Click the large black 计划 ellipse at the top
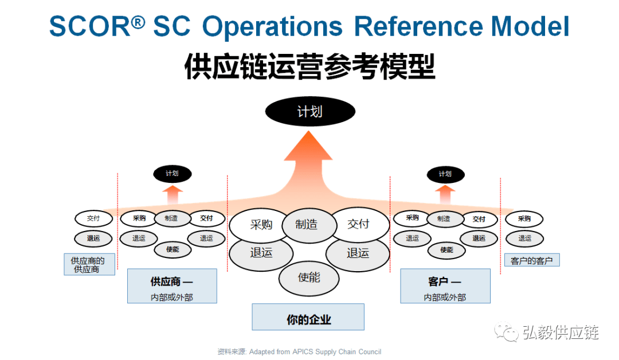pyautogui.click(x=310, y=111)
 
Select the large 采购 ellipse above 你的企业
pyautogui.click(x=260, y=225)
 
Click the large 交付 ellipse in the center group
pyautogui.click(x=358, y=224)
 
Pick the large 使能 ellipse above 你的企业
pyautogui.click(x=308, y=278)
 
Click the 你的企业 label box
pyautogui.click(x=308, y=317)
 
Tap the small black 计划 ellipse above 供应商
pyautogui.click(x=172, y=173)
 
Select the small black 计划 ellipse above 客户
pyautogui.click(x=445, y=174)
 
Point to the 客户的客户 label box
pyautogui.click(x=531, y=261)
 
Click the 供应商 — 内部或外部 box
pyautogui.click(x=172, y=285)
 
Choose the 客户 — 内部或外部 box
pyautogui.click(x=445, y=285)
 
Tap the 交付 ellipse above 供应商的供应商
pyautogui.click(x=93, y=218)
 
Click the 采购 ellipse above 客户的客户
pyautogui.click(x=524, y=218)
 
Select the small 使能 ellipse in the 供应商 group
pyautogui.click(x=172, y=249)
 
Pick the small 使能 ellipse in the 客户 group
pyautogui.click(x=446, y=249)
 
